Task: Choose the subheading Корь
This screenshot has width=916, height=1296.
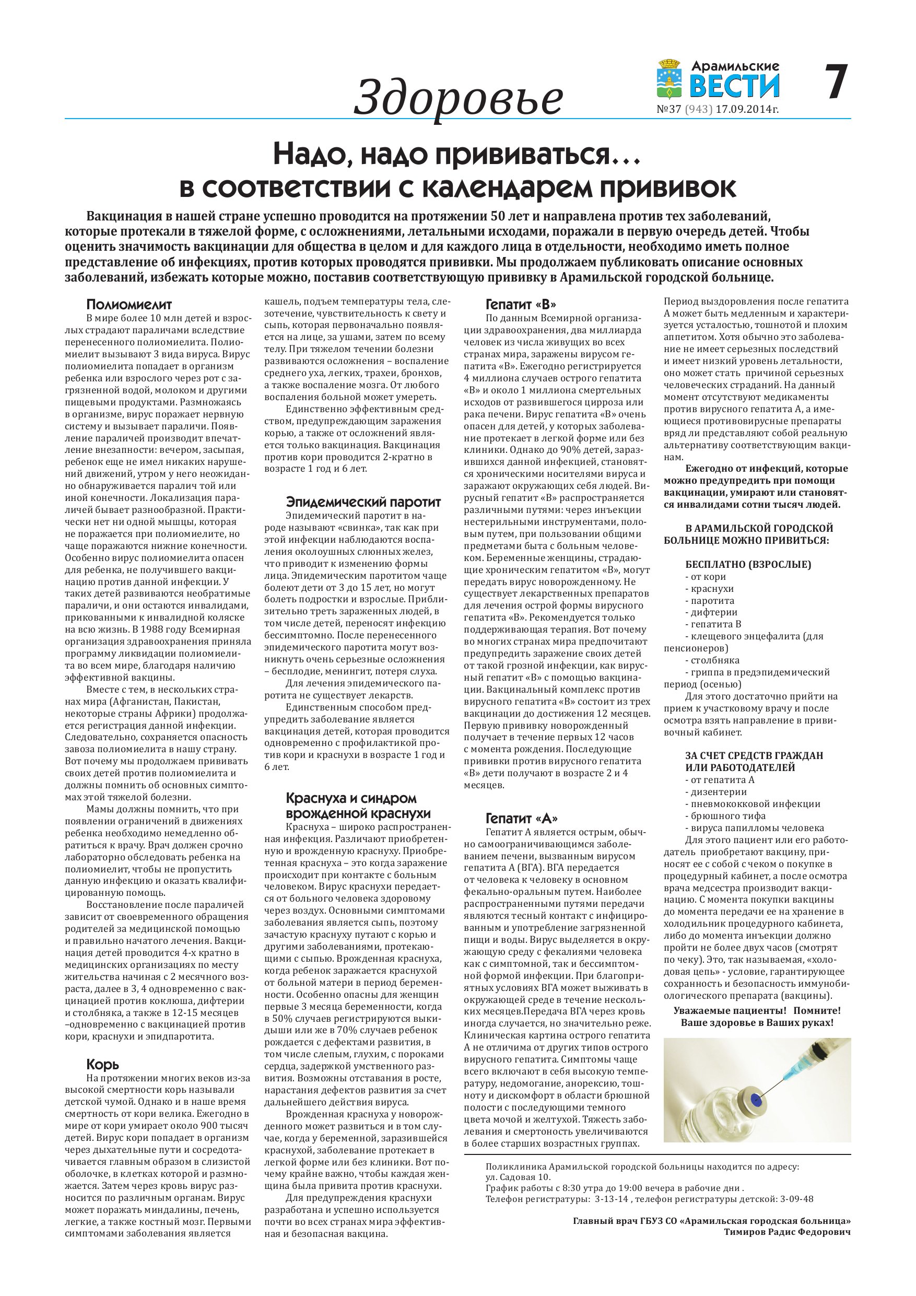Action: coord(103,1064)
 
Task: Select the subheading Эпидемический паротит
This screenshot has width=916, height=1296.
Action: coord(363,502)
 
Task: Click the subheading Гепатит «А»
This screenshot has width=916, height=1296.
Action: coord(522,818)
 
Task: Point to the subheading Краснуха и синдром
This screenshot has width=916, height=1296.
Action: coord(351,798)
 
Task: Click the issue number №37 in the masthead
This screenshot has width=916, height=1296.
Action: coord(669,110)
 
